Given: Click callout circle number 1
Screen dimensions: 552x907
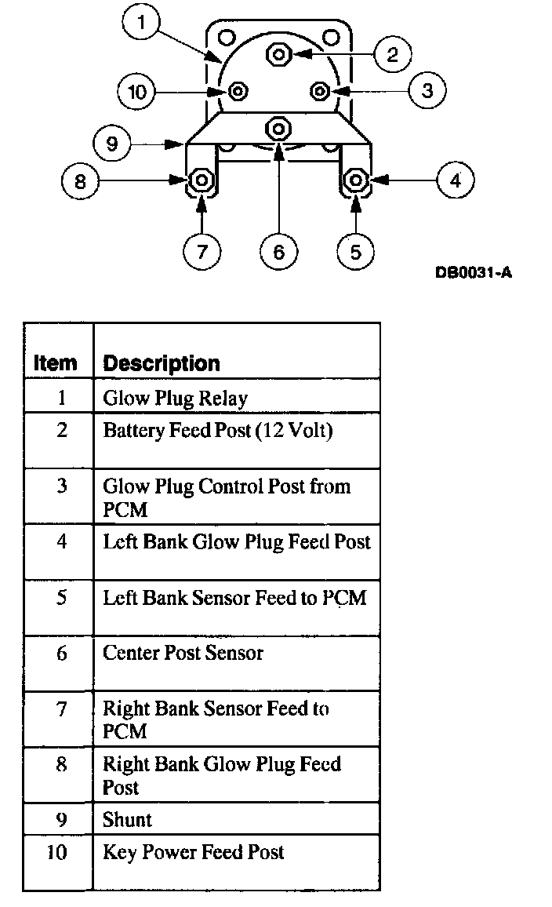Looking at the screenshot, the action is click(141, 24).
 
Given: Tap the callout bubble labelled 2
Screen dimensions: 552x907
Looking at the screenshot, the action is click(393, 53).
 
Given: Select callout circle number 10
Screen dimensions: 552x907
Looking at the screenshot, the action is click(137, 92).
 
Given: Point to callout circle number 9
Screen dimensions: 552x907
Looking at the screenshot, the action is click(112, 144).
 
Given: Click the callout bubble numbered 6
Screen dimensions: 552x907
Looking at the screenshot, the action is click(279, 251).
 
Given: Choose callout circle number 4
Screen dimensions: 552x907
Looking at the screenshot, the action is click(456, 181).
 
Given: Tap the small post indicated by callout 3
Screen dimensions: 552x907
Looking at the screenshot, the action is click(319, 91).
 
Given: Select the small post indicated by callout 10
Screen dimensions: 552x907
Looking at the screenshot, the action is click(237, 92).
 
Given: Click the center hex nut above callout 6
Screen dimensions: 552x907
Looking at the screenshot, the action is click(278, 127).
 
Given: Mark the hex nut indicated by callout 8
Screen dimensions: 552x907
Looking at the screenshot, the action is click(202, 180).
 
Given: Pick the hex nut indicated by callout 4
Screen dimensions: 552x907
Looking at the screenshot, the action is click(356, 180).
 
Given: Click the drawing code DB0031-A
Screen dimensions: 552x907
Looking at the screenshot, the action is click(474, 274).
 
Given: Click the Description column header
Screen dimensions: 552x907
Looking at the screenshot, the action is click(162, 363).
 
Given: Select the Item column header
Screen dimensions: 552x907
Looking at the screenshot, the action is click(56, 363).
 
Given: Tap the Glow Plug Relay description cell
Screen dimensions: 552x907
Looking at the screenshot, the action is click(175, 399).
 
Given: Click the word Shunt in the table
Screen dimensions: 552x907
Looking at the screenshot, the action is click(127, 820).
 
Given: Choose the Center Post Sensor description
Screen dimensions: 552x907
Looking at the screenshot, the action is click(183, 653).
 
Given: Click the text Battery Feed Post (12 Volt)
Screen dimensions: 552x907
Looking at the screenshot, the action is click(218, 431).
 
